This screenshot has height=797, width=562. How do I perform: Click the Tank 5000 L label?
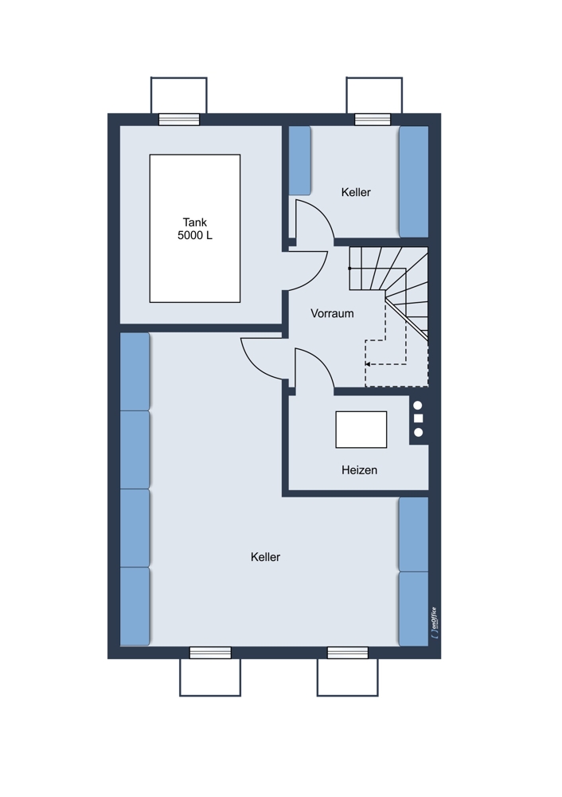195,229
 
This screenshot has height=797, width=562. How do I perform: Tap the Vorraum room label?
332,313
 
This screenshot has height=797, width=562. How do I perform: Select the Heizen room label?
359,470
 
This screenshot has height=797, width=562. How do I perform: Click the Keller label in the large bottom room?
266,557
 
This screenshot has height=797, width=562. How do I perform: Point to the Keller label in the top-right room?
356,192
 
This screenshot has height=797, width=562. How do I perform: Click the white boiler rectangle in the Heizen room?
361,430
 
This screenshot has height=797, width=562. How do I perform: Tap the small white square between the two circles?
419,419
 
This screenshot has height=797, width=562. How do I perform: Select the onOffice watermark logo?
434,623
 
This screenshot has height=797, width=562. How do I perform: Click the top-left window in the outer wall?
179,120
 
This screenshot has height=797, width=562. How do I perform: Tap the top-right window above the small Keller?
373,120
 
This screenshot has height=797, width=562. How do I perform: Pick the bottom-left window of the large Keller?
210,653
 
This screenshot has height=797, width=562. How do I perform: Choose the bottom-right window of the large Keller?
348,653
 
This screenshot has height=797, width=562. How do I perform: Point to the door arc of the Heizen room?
323,361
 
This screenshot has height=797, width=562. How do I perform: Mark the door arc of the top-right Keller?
323,213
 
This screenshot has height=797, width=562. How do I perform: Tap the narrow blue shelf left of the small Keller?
300,161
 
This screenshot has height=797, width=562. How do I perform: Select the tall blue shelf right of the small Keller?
414,182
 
